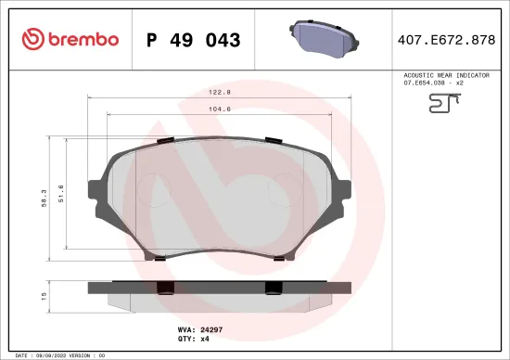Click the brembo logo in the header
click(x=70, y=39)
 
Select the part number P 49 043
click(x=194, y=40)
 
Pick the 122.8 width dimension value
click(x=219, y=93)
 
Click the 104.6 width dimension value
click(x=219, y=109)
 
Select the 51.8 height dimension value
click(x=61, y=194)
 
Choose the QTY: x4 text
click(x=213, y=341)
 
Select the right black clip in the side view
click(x=273, y=288)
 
